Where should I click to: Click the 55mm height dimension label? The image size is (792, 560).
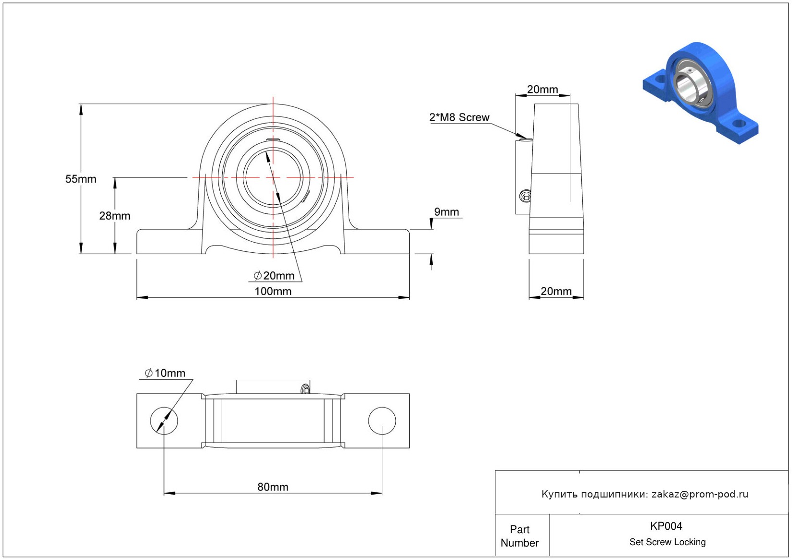click(x=81, y=179)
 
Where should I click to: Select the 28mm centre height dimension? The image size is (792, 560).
click(x=114, y=216)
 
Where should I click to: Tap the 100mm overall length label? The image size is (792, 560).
click(x=273, y=291)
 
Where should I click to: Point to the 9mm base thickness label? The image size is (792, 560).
click(x=447, y=212)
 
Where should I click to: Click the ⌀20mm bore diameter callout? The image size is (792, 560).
click(x=274, y=275)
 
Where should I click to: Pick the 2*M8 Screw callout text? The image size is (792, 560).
click(x=459, y=117)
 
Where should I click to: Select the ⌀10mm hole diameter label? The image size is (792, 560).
click(x=165, y=373)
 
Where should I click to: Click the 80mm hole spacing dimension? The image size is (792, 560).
click(x=273, y=487)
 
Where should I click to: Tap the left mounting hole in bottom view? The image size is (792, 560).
click(x=164, y=421)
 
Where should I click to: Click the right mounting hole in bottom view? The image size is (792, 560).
click(x=382, y=421)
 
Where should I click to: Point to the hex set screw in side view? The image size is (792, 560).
click(x=526, y=196)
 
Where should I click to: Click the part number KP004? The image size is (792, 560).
click(x=666, y=526)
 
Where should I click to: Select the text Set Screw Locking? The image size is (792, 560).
click(x=667, y=542)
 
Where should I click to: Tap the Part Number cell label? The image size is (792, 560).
click(x=519, y=536)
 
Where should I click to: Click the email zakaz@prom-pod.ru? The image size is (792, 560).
click(x=700, y=494)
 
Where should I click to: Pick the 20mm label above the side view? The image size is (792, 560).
click(x=542, y=89)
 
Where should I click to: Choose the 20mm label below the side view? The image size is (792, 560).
click(x=556, y=291)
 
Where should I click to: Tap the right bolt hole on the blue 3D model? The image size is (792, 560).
click(x=739, y=124)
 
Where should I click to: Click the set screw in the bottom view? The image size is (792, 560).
click(x=305, y=389)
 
